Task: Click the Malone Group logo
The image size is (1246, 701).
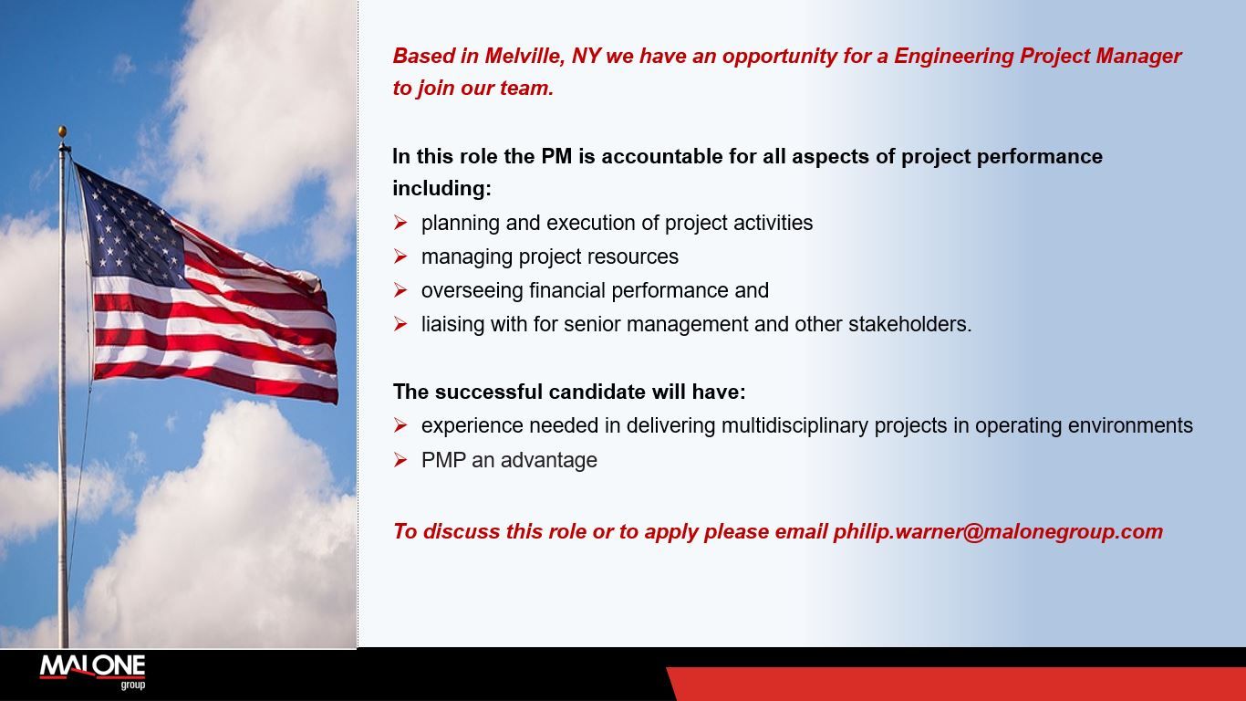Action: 92,671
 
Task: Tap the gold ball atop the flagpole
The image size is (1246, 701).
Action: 62,131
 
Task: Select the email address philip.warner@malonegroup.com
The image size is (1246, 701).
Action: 998,531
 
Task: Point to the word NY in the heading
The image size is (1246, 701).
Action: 586,56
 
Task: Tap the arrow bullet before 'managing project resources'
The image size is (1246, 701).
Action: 400,256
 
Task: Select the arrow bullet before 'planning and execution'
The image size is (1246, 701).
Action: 400,223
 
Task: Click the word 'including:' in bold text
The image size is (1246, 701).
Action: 441,189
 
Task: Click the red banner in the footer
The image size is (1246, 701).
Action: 958,684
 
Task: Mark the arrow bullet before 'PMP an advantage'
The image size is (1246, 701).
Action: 400,460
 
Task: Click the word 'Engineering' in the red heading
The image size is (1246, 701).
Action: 953,56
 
